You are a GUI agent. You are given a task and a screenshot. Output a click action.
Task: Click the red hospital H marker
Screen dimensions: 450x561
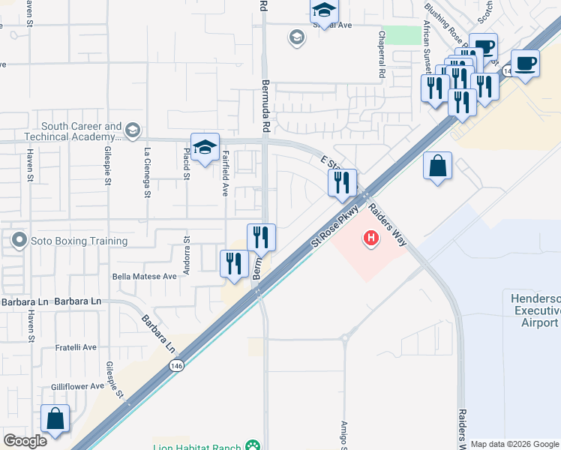pyautogui.click(x=370, y=239)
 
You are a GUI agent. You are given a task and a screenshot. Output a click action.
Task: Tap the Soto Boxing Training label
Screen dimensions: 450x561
pyautogui.click(x=79, y=241)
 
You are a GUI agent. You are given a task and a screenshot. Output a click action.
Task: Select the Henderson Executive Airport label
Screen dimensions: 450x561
pyautogui.click(x=535, y=310)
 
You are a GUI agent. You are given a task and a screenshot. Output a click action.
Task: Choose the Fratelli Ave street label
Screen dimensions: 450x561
pyautogui.click(x=76, y=347)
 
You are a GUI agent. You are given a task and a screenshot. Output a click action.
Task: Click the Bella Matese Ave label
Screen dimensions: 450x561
pyautogui.click(x=144, y=276)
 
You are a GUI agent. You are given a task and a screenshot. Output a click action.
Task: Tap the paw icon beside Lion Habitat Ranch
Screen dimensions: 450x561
pyautogui.click(x=255, y=446)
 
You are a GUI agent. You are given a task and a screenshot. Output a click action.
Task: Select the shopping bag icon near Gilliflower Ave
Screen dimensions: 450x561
pyautogui.click(x=55, y=418)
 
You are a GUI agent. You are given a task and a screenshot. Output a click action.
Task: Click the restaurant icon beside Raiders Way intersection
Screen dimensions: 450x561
pyautogui.click(x=342, y=182)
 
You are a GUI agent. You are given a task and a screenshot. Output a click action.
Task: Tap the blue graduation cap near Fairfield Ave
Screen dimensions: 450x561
pyautogui.click(x=204, y=146)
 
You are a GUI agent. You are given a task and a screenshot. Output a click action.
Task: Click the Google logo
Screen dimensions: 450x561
pyautogui.click(x=25, y=441)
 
